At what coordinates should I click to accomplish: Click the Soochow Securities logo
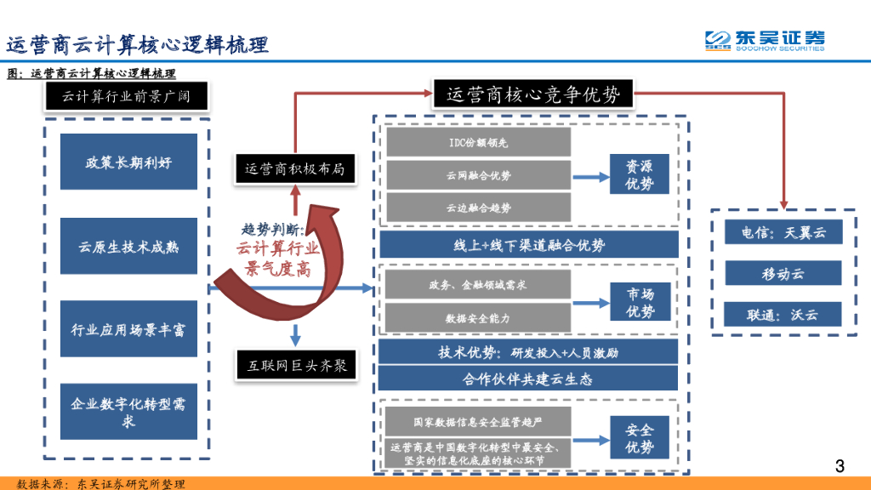click(x=764, y=40)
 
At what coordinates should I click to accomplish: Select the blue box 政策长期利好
click(x=128, y=162)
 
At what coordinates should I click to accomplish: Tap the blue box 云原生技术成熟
click(x=128, y=246)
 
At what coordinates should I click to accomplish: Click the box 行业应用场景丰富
click(x=128, y=328)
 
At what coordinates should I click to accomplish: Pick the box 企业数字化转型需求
click(x=128, y=412)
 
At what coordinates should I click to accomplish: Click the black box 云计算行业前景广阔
click(x=127, y=96)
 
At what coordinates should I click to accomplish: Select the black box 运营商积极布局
click(x=294, y=168)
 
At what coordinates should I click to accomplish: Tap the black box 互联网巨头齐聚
click(x=296, y=367)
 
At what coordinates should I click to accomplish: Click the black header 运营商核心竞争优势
click(x=533, y=94)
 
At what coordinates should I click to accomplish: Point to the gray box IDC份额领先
click(x=478, y=142)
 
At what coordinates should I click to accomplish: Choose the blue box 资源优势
click(x=639, y=174)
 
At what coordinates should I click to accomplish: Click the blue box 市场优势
click(x=640, y=303)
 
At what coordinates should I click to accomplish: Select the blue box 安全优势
click(x=640, y=438)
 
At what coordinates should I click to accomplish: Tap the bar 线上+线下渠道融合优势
click(x=528, y=245)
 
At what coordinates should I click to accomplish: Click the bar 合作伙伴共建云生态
click(x=527, y=379)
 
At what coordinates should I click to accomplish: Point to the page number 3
click(x=840, y=465)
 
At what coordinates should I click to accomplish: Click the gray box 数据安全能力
click(x=478, y=317)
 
